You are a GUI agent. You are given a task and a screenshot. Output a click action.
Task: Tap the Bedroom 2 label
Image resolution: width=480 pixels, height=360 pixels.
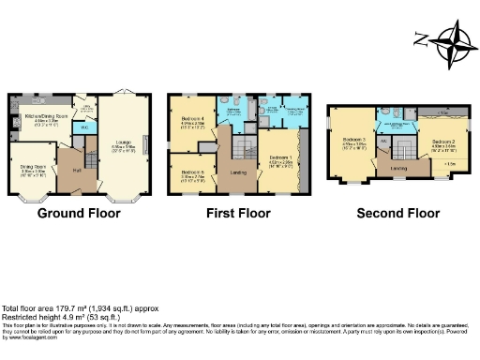[444, 143]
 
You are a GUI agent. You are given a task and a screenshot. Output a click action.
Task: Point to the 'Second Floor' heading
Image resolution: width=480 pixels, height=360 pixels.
[397, 214]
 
